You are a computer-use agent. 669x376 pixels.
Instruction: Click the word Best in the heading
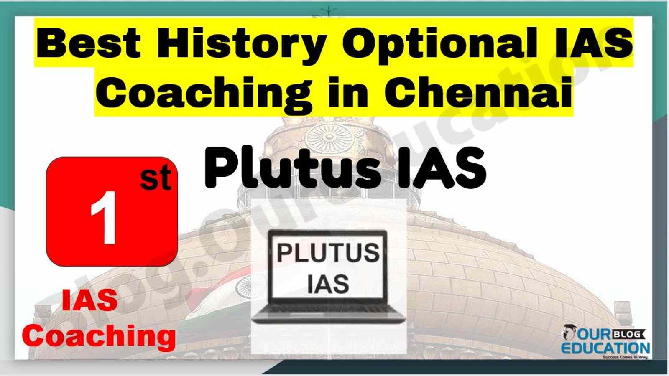[x=89, y=43]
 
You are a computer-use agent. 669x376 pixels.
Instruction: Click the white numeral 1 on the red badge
[x=104, y=218]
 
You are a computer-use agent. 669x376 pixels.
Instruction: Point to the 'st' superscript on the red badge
[x=156, y=178]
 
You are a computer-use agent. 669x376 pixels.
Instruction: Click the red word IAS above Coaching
[x=89, y=300]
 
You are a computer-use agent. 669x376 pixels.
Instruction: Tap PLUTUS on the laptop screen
[x=328, y=253]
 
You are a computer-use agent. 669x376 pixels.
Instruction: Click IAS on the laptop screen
[x=328, y=284]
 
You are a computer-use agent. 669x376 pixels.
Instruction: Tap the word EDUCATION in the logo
[x=606, y=348]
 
